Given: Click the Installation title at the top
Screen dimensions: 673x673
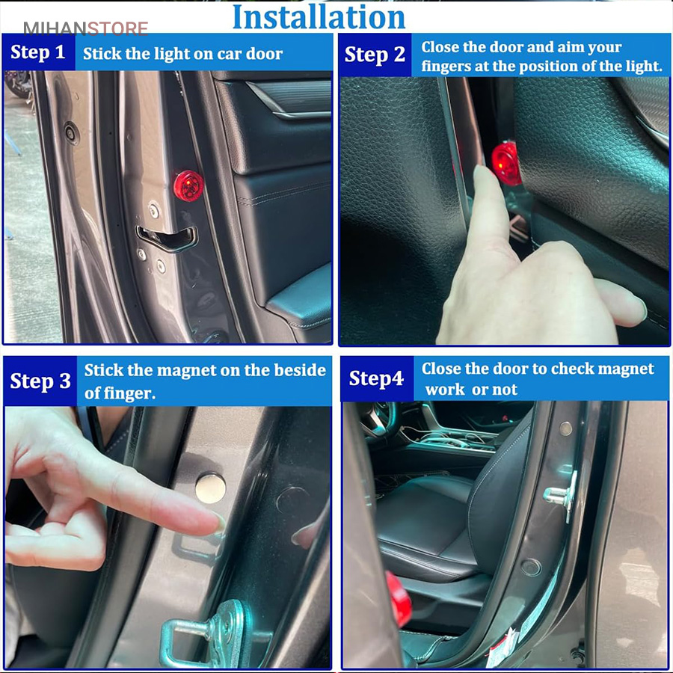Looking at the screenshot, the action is pos(319,18).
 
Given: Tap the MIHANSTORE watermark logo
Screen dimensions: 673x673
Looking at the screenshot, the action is pos(86,28).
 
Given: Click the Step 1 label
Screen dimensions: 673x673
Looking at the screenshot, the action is pos(38,52).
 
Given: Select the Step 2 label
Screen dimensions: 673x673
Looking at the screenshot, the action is pos(375,55).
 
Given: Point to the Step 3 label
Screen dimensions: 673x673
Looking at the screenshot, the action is pos(40,381).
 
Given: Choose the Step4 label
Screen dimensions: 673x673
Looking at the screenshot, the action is pos(376,378).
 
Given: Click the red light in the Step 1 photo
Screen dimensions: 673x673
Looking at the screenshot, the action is pos(188,186).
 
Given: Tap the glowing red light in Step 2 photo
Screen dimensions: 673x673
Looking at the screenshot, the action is pos(506,164).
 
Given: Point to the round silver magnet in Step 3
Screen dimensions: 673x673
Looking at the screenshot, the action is pos(210,488).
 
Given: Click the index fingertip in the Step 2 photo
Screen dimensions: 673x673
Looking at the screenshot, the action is pos(482,173).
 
